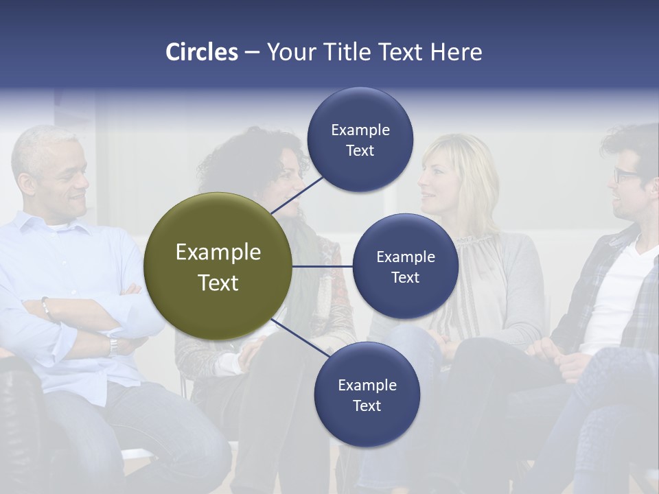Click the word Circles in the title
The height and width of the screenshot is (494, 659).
[x=201, y=52]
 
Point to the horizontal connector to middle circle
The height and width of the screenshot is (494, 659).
[x=323, y=266]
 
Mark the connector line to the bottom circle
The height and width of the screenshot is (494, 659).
[x=300, y=338]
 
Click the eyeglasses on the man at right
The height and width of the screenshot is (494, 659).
[x=626, y=174]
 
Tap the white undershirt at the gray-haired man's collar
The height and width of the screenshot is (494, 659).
[x=58, y=225]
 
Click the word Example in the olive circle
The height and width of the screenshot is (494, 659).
[x=218, y=252]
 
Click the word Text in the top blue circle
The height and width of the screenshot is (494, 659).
[x=360, y=151]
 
